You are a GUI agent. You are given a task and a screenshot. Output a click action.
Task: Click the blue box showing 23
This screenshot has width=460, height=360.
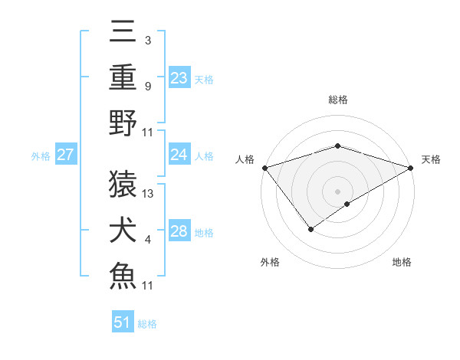179,77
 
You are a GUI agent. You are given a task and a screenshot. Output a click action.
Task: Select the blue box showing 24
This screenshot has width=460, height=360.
179,155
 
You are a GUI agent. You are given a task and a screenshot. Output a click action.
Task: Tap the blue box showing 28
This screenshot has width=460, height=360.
179,231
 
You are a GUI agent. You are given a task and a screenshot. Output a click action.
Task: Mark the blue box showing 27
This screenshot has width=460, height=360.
65,155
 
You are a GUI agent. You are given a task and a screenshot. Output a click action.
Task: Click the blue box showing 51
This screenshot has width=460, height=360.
123,322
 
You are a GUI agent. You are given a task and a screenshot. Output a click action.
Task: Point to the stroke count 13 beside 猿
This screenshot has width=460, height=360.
149,194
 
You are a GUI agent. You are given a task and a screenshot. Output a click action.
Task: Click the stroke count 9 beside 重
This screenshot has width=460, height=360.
147,87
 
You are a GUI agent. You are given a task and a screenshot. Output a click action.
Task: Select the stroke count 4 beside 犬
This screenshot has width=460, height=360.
147,240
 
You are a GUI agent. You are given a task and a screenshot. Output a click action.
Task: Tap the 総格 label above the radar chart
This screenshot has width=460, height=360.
337,100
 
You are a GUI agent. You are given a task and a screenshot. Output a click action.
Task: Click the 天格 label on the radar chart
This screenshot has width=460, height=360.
431,159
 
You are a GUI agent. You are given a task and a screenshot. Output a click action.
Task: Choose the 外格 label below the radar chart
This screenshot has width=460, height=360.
269,262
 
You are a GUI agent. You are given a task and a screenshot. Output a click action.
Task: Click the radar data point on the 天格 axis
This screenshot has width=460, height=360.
412,168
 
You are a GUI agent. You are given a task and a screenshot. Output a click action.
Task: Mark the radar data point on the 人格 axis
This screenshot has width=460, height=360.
264,168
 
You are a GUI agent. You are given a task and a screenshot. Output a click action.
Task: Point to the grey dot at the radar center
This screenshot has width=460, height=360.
337,191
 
